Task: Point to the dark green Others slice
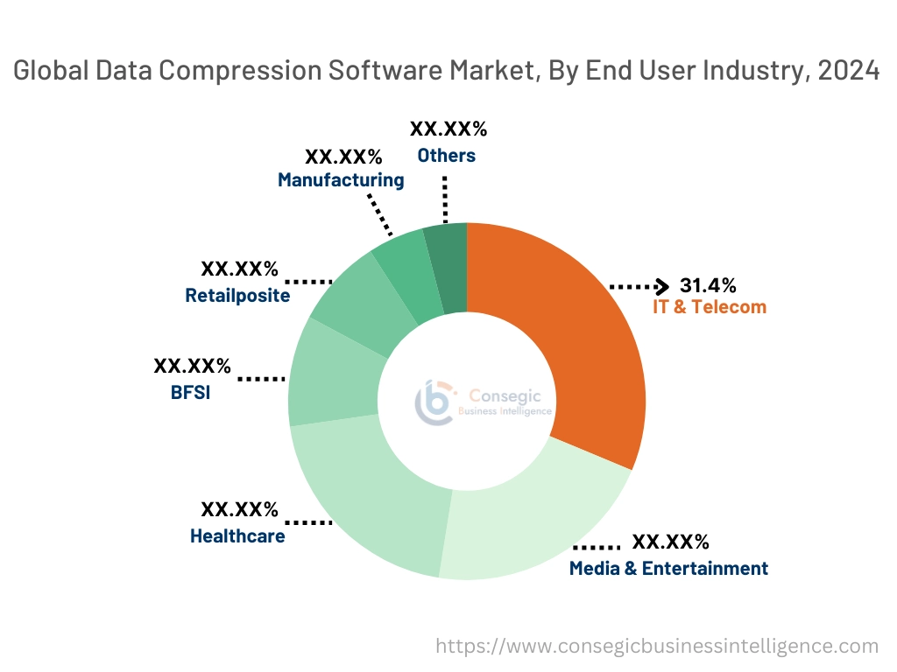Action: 447,267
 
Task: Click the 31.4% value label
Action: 708,285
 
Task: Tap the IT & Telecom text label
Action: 709,307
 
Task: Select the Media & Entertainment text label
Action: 668,569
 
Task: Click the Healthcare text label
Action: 237,535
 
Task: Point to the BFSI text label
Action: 191,392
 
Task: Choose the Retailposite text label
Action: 237,296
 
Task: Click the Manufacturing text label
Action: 341,180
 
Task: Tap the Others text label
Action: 446,156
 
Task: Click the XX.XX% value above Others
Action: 448,129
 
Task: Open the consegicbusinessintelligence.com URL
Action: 657,647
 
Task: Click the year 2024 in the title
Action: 848,72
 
